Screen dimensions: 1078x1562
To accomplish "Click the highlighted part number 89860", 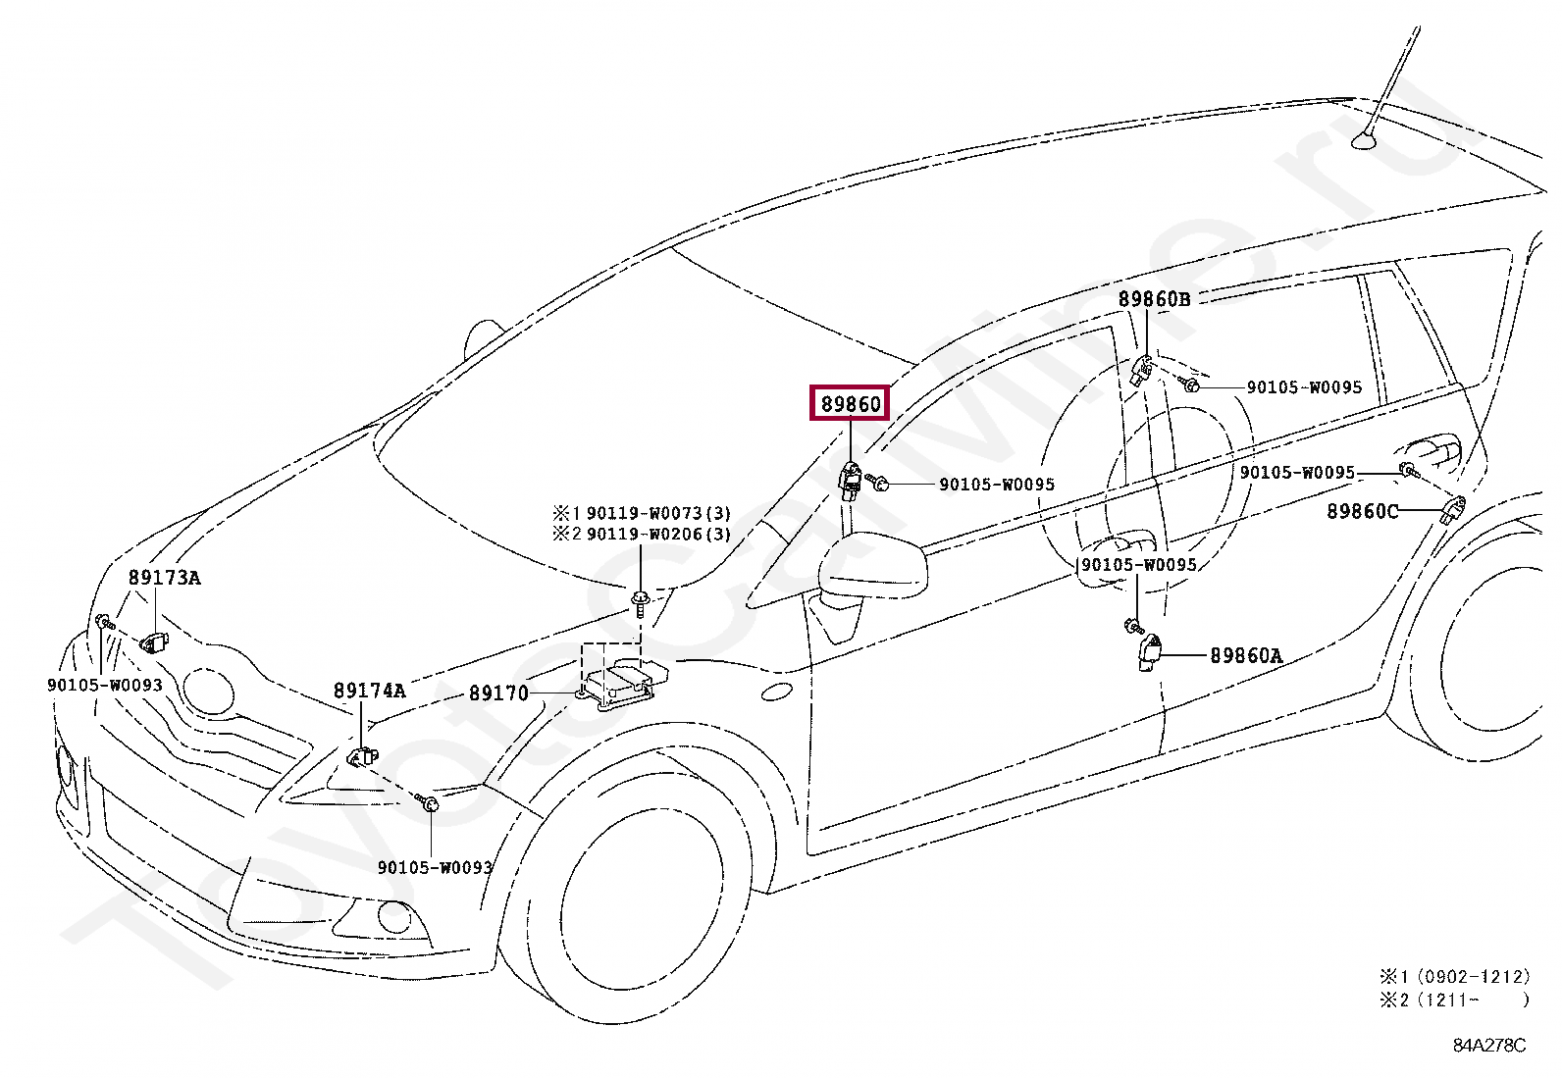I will click(850, 403).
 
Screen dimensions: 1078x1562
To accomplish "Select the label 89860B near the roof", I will click(1154, 299).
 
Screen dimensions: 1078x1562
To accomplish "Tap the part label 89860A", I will click(1246, 655).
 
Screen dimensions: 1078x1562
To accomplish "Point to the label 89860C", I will click(1362, 511).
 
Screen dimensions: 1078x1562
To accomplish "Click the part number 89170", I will click(498, 693).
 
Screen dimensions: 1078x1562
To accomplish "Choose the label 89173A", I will click(164, 578).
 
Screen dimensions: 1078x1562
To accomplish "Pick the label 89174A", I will click(369, 691).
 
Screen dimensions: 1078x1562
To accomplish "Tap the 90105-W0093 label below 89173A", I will click(105, 685).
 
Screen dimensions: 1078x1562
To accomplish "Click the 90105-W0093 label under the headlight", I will click(435, 867).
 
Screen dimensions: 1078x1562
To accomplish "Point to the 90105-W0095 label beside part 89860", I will click(997, 485).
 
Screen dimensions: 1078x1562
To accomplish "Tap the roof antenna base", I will click(1364, 141).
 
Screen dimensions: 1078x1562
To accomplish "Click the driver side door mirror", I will click(873, 568).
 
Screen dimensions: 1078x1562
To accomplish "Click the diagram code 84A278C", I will click(1489, 1045).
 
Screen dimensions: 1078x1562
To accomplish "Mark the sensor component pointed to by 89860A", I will click(1149, 650).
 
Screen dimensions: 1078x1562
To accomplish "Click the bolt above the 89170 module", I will click(640, 600).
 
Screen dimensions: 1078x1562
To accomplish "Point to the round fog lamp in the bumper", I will click(394, 917).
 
